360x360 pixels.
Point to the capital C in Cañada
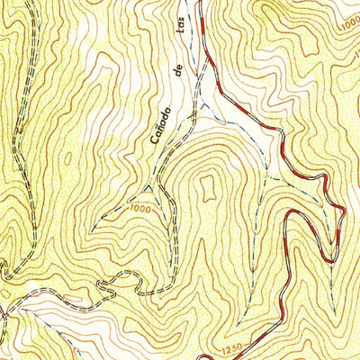(148, 149)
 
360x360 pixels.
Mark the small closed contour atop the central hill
(209, 187)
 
